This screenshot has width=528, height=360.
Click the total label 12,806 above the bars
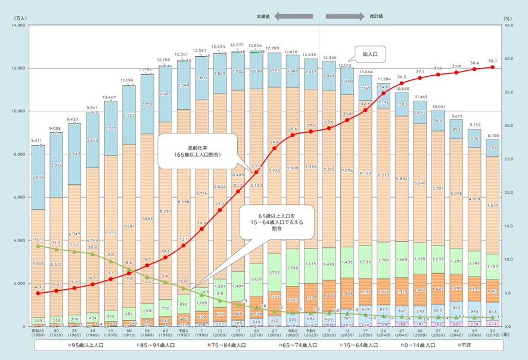click(x=254, y=45)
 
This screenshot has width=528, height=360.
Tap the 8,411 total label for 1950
click(x=38, y=141)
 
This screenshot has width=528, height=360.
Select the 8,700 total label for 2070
click(x=492, y=136)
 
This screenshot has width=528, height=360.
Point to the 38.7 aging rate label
click(x=492, y=62)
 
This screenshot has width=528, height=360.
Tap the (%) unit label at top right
click(x=508, y=18)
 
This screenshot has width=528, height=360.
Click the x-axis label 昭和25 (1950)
click(x=38, y=334)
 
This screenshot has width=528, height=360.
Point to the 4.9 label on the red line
click(x=37, y=287)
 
